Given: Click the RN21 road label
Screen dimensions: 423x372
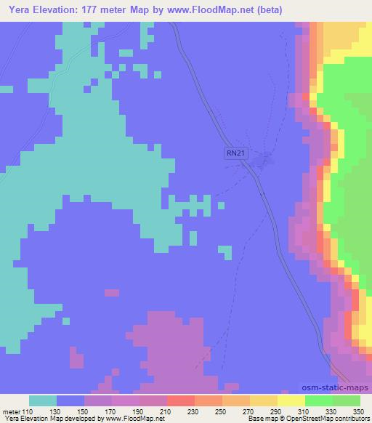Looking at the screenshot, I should pos(235,153).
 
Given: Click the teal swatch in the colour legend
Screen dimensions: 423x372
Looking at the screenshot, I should pos(43,400).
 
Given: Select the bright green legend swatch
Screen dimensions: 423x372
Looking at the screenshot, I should pos(319,400).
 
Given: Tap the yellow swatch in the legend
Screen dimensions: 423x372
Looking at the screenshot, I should pos(291,400).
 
